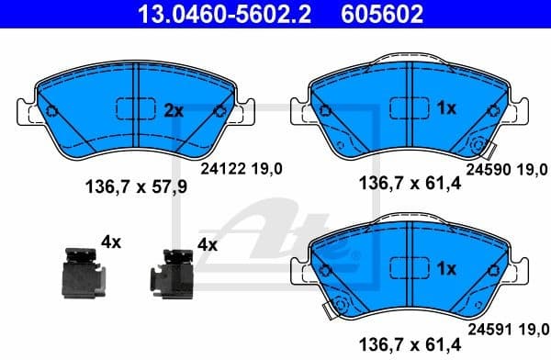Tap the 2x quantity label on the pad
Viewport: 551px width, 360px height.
(x=174, y=110)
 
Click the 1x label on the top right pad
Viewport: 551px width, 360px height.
(x=446, y=108)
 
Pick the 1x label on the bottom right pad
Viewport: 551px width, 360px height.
(x=446, y=269)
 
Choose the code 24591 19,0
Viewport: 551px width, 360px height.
(x=506, y=325)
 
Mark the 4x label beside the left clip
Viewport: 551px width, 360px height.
(x=110, y=242)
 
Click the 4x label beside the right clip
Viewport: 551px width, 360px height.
(x=207, y=245)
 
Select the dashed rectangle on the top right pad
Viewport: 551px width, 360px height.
(x=409, y=108)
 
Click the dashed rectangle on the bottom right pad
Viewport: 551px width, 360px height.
(x=409, y=269)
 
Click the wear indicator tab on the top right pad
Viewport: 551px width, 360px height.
(x=480, y=148)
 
